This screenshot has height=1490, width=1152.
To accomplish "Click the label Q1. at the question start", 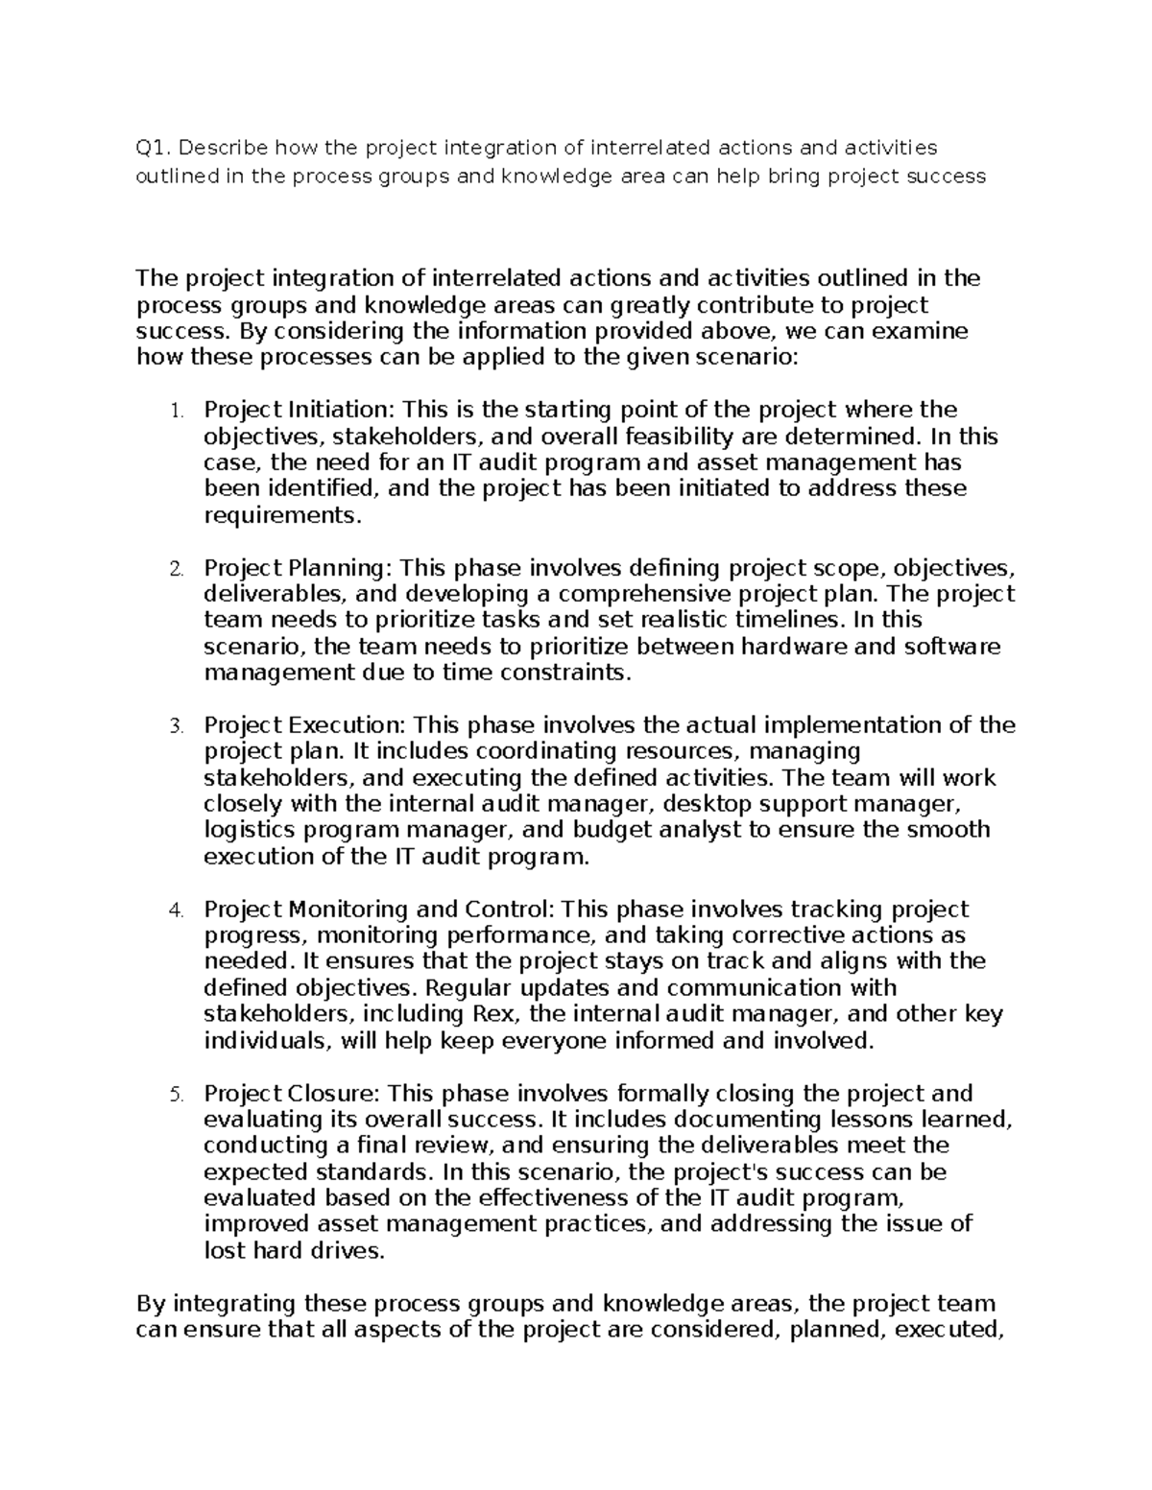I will click(x=153, y=148).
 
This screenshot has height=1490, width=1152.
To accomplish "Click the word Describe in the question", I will click(x=222, y=148).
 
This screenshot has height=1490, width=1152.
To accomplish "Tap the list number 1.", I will click(x=175, y=412).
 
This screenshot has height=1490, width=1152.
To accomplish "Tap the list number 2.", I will click(x=175, y=569).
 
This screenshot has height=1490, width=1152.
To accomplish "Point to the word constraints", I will click(x=574, y=673).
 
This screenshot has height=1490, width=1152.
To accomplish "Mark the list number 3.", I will click(x=175, y=726).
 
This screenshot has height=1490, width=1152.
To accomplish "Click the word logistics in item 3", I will click(x=252, y=830).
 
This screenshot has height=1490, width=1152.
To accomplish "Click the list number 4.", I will click(x=175, y=911).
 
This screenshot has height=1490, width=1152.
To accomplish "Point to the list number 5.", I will click(x=175, y=1095).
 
